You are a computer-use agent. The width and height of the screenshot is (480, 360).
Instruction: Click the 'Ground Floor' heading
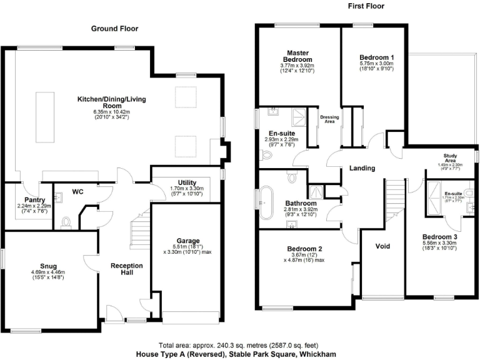point(115,29)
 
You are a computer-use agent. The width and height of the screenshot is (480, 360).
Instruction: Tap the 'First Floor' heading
point(365,6)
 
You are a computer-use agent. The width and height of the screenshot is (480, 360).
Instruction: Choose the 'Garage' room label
point(187,241)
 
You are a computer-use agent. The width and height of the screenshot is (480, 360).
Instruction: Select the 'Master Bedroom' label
point(299,56)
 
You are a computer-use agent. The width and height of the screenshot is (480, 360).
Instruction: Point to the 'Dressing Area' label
point(329,119)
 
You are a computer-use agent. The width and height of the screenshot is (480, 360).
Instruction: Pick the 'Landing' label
point(362,168)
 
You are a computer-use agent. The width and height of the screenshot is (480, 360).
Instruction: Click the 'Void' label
point(382,246)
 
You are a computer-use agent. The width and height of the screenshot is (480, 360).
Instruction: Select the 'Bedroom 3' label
point(439,237)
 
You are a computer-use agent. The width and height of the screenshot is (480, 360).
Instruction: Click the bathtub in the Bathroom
point(268,204)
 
